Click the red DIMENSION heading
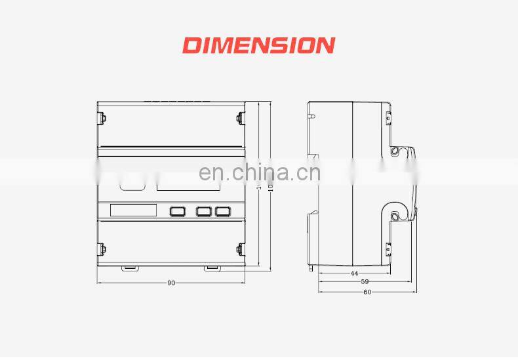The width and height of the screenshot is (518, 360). (258, 45)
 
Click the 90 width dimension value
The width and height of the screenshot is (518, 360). (171, 283)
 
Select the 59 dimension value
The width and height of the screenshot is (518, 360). (365, 282)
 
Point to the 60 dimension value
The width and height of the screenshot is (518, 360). (367, 292)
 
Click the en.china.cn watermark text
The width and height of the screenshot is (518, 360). (259, 172)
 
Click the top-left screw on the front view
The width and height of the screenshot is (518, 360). (102, 119)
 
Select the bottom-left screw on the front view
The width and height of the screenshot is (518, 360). (102, 249)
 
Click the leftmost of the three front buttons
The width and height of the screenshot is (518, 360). (178, 211)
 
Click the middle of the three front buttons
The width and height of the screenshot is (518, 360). (204, 211)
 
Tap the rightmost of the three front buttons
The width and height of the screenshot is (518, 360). (224, 211)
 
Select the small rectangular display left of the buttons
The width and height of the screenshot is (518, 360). (133, 210)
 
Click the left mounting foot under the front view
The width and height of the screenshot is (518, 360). (129, 267)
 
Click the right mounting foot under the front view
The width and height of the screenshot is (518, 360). (212, 267)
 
